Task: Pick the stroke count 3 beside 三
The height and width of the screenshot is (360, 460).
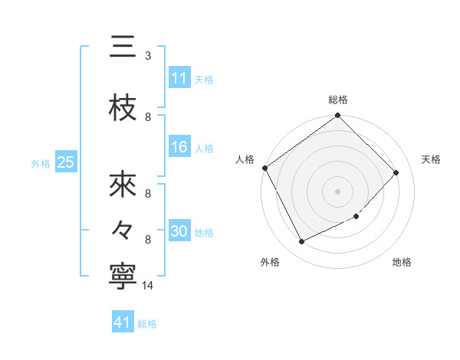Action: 148,56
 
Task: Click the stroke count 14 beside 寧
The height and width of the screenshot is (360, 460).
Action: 149,286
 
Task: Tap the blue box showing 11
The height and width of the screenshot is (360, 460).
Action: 179,78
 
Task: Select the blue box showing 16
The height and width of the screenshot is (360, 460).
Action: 179,148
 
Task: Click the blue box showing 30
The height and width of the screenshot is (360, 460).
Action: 179,232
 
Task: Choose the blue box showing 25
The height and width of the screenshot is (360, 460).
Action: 65,162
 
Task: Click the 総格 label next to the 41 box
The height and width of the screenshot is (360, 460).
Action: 147,324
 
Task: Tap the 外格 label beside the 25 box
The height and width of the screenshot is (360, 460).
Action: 41,163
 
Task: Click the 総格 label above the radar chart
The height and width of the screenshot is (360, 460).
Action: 338,100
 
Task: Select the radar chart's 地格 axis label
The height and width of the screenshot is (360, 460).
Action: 402,263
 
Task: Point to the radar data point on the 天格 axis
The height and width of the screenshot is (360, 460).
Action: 396,172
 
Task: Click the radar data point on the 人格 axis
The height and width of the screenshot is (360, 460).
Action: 264,168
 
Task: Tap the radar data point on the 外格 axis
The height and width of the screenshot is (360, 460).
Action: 301,242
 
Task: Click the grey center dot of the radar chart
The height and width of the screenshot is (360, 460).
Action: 337,191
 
